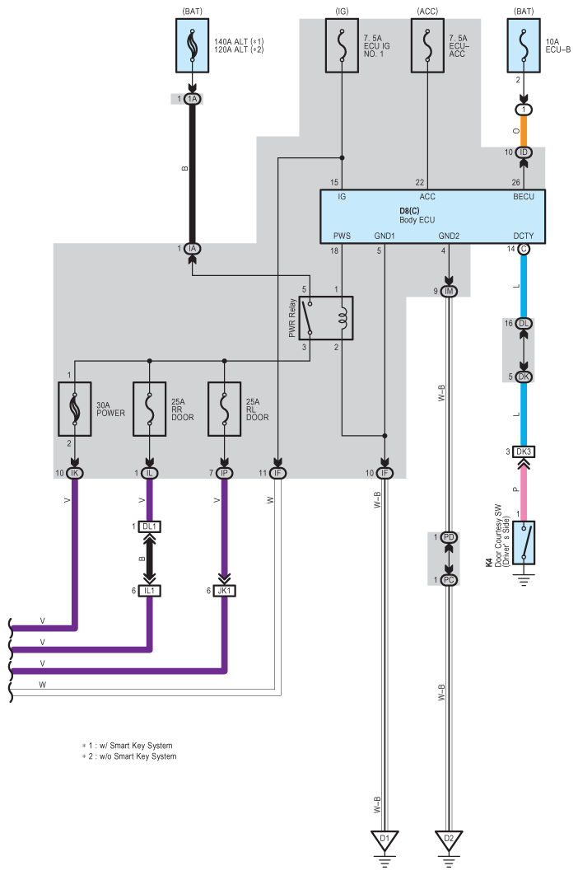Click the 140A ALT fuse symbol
193,46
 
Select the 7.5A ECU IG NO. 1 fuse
342,46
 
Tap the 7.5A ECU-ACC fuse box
428,46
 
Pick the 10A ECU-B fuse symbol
524,46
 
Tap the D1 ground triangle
385,840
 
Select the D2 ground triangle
449,840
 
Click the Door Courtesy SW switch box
524,542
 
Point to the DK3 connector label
524,452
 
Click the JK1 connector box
224,591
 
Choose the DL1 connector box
150,526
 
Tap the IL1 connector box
150,591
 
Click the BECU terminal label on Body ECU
524,197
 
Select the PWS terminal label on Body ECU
342,236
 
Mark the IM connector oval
449,292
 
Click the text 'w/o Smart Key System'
138,756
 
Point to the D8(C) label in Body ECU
409,211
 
